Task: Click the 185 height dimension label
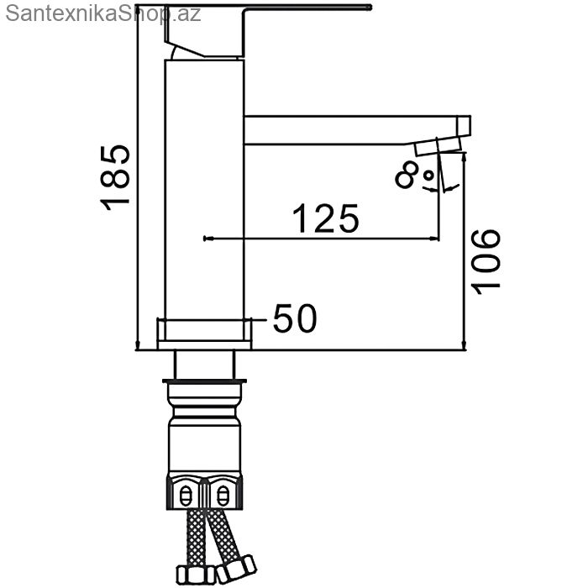pyautogui.click(x=115, y=178)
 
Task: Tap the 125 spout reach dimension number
pyautogui.click(x=326, y=218)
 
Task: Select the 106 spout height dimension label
pyautogui.click(x=486, y=261)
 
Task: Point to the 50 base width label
pyautogui.click(x=295, y=318)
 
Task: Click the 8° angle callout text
pyautogui.click(x=414, y=175)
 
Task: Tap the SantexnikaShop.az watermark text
pyautogui.click(x=103, y=14)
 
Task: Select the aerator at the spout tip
pyautogui.click(x=438, y=146)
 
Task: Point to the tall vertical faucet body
pyautogui.click(x=204, y=189)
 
